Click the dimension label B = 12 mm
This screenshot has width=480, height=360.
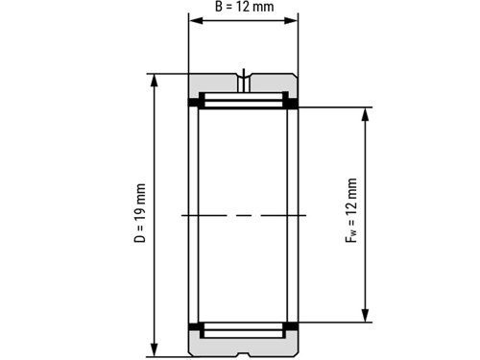pos(245,7)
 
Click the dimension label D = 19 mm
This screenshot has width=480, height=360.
pos(140,213)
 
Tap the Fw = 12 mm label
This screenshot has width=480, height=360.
pos(351,210)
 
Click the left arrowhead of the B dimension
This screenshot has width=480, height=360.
pos(196,21)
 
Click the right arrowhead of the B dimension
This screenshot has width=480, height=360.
pos(291,21)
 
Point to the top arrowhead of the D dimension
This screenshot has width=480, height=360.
pos(155,81)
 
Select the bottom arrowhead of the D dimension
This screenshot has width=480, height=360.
pos(155,350)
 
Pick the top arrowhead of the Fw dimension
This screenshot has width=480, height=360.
pos(365,114)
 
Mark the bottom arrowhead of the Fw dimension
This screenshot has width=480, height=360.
pos(365,316)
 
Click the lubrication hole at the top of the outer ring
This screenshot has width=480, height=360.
pos(244,83)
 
